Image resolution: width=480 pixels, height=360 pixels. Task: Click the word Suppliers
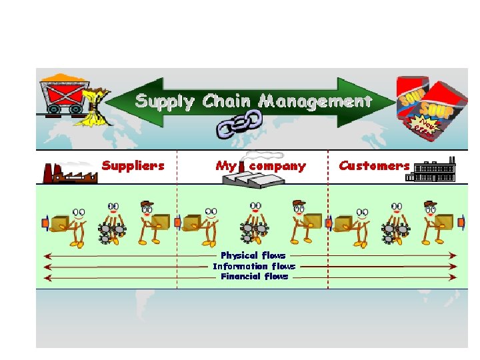coord(133,165)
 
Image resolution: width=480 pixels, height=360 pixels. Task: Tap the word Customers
coord(374,165)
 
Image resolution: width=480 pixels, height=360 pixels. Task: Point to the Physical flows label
coord(253,255)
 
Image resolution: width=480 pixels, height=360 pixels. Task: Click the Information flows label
coord(253,266)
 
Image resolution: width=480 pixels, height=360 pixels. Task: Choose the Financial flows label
coord(254,276)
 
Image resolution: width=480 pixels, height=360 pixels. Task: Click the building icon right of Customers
coord(434,171)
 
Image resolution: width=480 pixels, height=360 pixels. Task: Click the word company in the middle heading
coord(277,166)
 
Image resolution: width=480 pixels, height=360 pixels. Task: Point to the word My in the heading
coord(225,166)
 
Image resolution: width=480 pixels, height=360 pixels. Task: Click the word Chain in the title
coord(227,102)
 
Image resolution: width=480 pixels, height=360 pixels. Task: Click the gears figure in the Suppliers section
coord(112,224)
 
